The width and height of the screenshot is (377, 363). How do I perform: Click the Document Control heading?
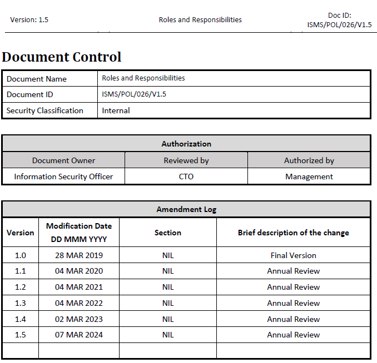pyautogui.click(x=62, y=57)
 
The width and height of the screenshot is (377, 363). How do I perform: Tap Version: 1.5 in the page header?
pyautogui.click(x=29, y=20)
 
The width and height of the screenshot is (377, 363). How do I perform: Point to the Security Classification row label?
pyautogui.click(x=45, y=110)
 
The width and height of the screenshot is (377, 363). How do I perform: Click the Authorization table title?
pyautogui.click(x=186, y=144)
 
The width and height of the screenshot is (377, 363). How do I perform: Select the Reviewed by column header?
pyautogui.click(x=186, y=160)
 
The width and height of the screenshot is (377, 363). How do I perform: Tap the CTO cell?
pyautogui.click(x=186, y=177)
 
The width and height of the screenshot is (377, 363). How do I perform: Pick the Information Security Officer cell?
pyautogui.click(x=63, y=177)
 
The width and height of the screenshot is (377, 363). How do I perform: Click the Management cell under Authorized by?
pyautogui.click(x=309, y=177)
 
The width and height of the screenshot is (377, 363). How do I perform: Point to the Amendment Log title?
pyautogui.click(x=186, y=209)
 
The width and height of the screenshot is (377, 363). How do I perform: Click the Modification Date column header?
pyautogui.click(x=79, y=233)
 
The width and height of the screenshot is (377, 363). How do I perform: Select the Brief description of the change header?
pyautogui.click(x=294, y=233)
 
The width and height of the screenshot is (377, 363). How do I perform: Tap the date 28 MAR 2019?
pyautogui.click(x=79, y=255)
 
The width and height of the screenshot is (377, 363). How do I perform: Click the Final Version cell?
pyautogui.click(x=294, y=255)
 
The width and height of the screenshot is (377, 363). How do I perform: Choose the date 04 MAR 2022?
pyautogui.click(x=79, y=303)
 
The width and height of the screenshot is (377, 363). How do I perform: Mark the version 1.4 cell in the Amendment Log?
pyautogui.click(x=21, y=319)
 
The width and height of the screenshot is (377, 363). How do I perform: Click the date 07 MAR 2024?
pyautogui.click(x=79, y=335)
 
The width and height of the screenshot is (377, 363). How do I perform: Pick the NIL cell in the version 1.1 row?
pyautogui.click(x=168, y=271)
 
